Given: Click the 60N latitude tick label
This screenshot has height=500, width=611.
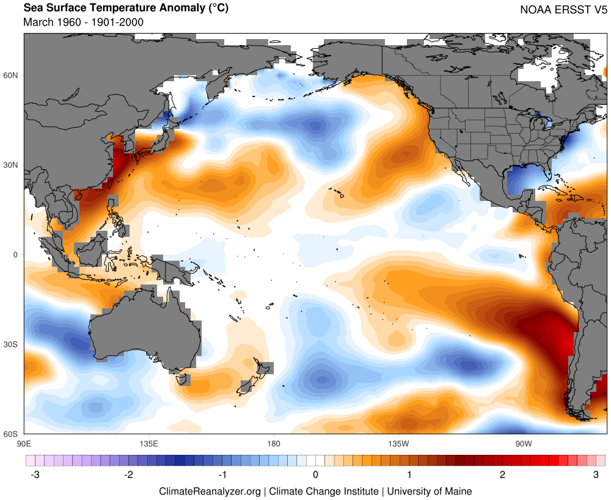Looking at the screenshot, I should point(12,76).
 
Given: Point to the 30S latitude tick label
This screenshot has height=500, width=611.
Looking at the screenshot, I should point(12,344).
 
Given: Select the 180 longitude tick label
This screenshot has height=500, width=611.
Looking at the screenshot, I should point(273,443).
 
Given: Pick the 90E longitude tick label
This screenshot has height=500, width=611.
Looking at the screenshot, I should point(24,443).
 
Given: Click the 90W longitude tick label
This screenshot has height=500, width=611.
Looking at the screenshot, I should point(523,443).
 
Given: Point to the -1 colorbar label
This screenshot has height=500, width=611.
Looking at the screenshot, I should point(221,474).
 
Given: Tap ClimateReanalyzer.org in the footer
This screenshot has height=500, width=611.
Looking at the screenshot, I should point(210,491).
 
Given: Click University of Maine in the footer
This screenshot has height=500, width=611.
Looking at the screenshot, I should point(429,491).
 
